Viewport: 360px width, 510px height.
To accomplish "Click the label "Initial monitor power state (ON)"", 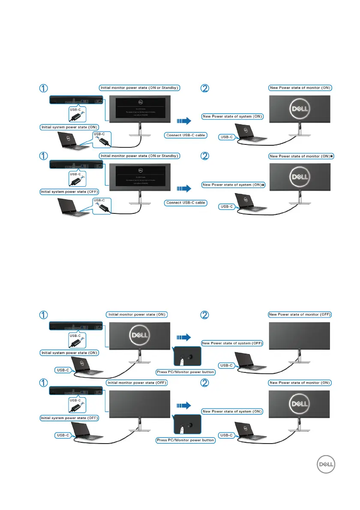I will (x=137, y=314).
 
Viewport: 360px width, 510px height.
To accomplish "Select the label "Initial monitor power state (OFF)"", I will (x=137, y=382).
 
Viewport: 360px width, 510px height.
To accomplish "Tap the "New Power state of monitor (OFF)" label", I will (x=300, y=314).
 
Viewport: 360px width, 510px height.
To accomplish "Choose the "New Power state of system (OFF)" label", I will (x=232, y=343).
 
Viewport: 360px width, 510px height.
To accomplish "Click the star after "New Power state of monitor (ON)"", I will (x=332, y=156).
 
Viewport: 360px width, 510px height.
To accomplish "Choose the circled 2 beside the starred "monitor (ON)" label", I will (x=205, y=157).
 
